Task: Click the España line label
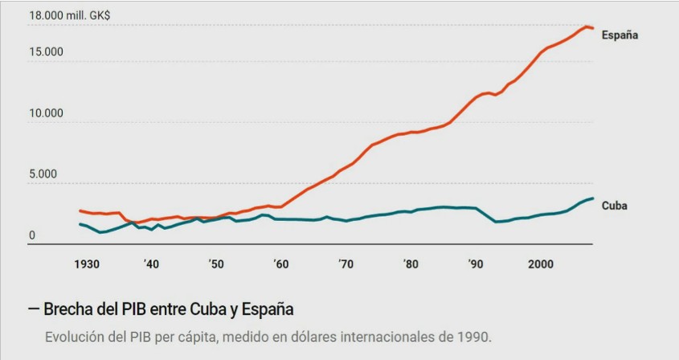620,35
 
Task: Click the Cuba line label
615,206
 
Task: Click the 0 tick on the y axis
32,235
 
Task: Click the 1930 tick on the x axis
86,264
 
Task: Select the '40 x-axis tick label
150,264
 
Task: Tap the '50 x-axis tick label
215,264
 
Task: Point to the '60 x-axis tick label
280,264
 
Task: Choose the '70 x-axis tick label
346,264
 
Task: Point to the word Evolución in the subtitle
74,336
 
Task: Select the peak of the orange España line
587,27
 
